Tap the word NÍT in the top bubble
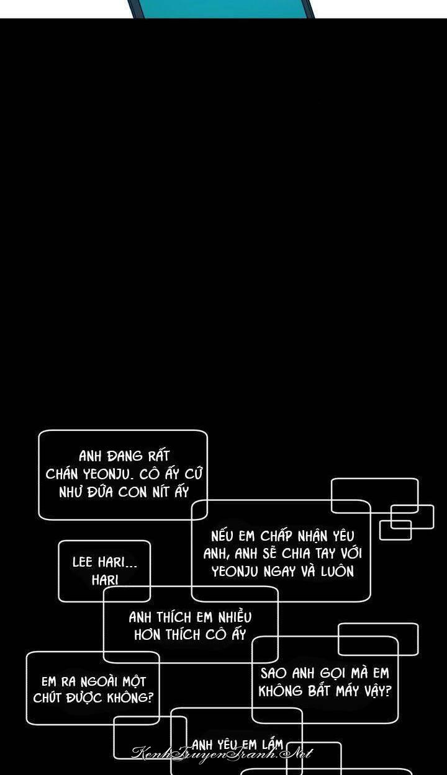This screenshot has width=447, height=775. pyautogui.click(x=155, y=493)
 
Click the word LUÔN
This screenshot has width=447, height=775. pyautogui.click(x=337, y=571)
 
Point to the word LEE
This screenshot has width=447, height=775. pyautogui.click(x=83, y=562)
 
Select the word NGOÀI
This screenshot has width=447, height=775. pyautogui.click(x=95, y=681)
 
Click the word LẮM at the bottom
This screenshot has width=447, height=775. pyautogui.click(x=273, y=745)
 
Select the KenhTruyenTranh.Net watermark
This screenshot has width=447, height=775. pyautogui.click(x=222, y=754)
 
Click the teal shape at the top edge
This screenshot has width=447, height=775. pyautogui.click(x=221, y=8)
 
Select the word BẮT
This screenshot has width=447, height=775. pyautogui.click(x=319, y=691)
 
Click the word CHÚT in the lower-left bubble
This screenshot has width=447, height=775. pyautogui.click(x=48, y=698)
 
